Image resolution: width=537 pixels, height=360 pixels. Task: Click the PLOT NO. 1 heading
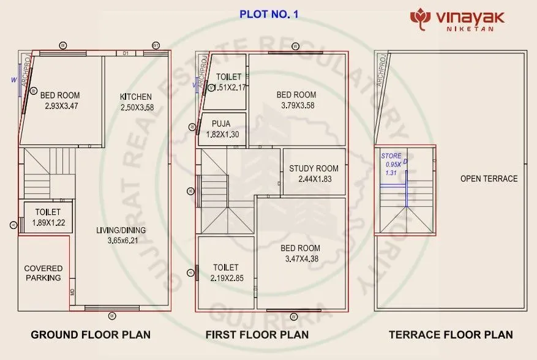(x=269, y=14)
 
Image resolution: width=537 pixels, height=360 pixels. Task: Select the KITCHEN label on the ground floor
(x=136, y=97)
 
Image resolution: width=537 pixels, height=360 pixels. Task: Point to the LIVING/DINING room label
(x=121, y=230)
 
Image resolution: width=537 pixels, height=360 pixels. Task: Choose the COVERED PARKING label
(x=43, y=273)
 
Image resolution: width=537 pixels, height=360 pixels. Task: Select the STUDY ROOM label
(x=314, y=168)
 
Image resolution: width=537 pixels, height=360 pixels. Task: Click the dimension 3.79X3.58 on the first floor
(x=296, y=105)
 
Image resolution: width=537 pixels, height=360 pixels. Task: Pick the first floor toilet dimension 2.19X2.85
(x=226, y=278)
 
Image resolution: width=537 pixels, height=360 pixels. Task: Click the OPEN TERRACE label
(x=489, y=179)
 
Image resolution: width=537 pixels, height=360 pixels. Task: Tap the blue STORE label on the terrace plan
(x=391, y=156)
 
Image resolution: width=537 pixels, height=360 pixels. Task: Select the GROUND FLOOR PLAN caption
(x=91, y=335)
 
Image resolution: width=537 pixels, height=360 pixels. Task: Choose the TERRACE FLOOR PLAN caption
(x=451, y=335)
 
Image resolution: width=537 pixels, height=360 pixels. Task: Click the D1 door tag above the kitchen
(x=126, y=54)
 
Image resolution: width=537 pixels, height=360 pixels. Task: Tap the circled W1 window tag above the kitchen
(x=156, y=45)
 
